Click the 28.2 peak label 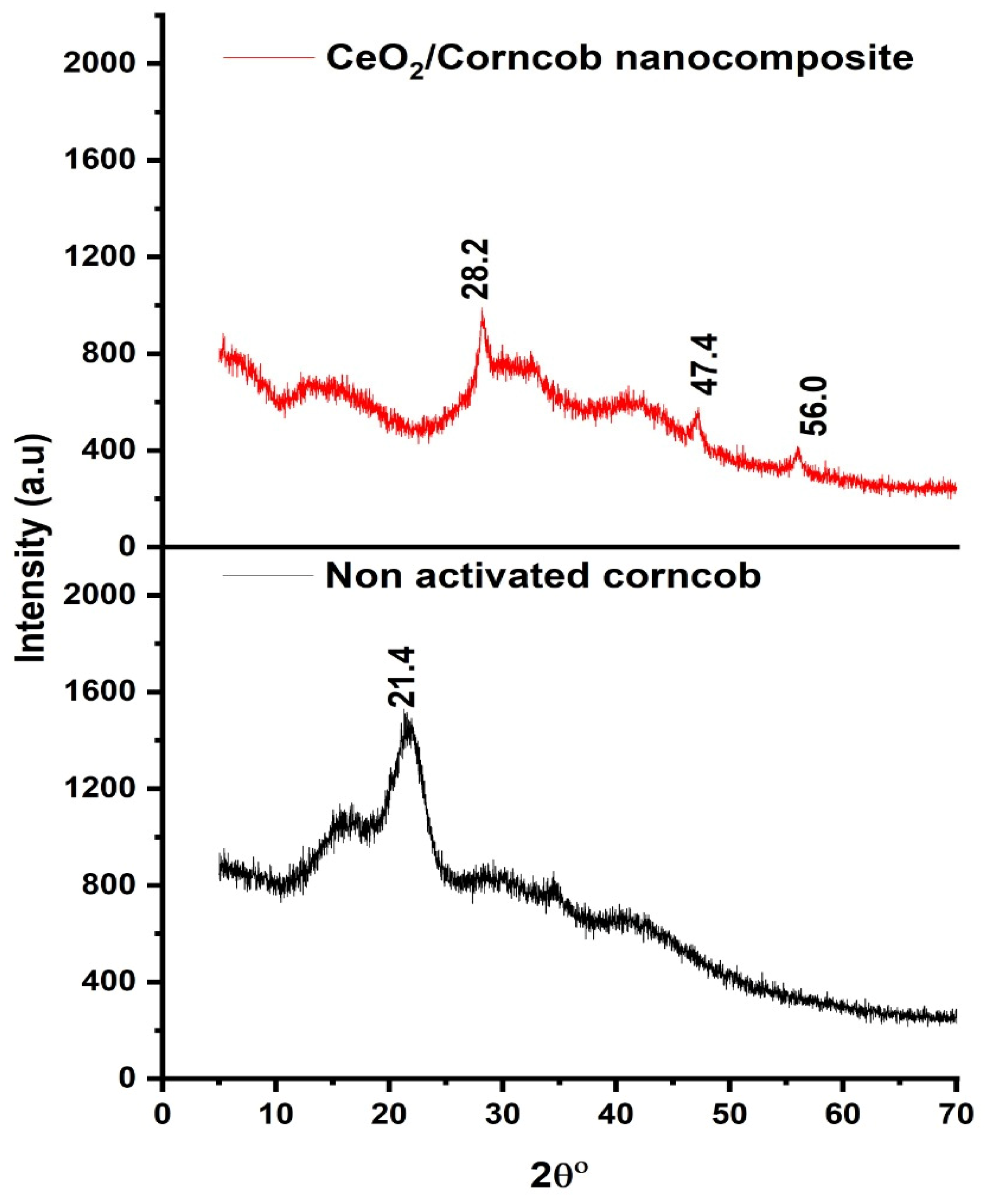(475, 268)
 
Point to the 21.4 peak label (403, 676)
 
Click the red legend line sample (268, 57)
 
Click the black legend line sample (268, 575)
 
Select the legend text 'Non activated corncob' (543, 576)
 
